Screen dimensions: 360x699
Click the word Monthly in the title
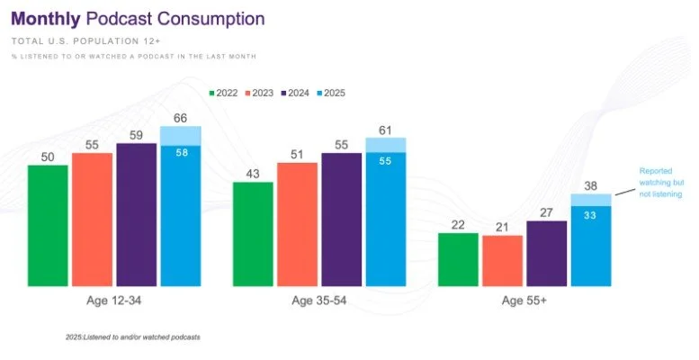(x=45, y=18)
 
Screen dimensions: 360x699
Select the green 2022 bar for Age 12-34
(x=48, y=226)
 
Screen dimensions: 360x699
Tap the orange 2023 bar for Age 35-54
(x=297, y=225)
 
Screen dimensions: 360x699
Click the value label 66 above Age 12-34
(x=180, y=117)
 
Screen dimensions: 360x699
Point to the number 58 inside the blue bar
(x=180, y=153)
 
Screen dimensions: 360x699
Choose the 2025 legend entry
(x=329, y=93)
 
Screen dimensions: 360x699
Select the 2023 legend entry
(x=260, y=93)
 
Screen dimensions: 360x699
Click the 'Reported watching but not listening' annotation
(x=659, y=182)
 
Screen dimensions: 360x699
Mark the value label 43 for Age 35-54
(x=253, y=173)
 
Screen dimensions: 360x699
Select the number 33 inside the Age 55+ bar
(x=590, y=215)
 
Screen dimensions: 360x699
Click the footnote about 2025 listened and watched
(x=133, y=337)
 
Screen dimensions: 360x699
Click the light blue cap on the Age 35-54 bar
(x=385, y=145)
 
